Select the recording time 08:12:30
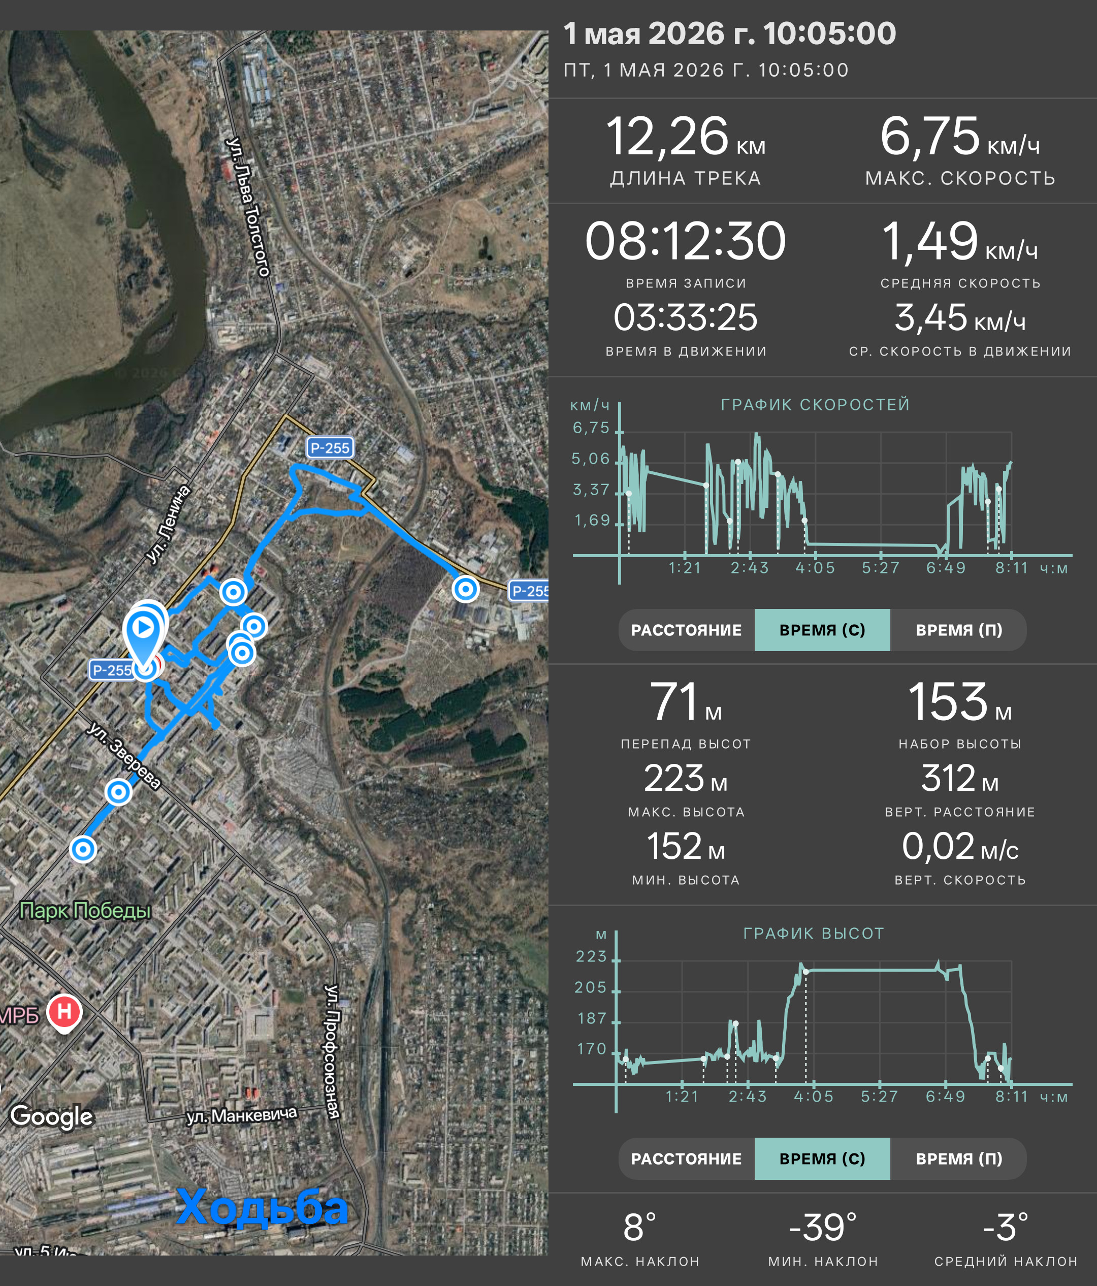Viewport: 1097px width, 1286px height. click(686, 241)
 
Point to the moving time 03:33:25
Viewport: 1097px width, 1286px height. click(686, 318)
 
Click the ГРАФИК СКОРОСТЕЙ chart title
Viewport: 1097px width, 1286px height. click(815, 405)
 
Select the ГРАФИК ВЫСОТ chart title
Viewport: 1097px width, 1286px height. click(814, 934)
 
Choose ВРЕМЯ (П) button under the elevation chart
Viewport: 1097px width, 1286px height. click(959, 1159)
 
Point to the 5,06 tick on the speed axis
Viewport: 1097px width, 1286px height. click(591, 459)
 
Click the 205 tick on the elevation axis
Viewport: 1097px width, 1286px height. click(591, 987)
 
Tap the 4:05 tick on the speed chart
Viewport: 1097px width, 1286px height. click(815, 568)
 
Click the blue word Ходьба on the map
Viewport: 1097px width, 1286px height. click(263, 1207)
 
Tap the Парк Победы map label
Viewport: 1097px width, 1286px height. click(86, 911)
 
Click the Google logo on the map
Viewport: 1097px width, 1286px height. click(51, 1116)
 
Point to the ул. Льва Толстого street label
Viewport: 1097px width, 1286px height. click(248, 207)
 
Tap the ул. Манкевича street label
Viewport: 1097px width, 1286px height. click(242, 1116)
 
